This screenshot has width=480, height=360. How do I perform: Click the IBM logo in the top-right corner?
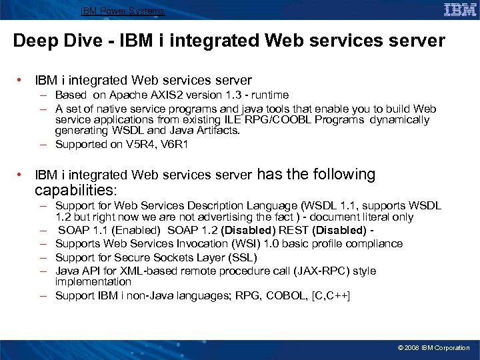pos(460,9)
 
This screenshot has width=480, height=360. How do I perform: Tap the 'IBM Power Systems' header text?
pos(123,11)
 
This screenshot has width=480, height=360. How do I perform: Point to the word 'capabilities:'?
pos(75,191)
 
